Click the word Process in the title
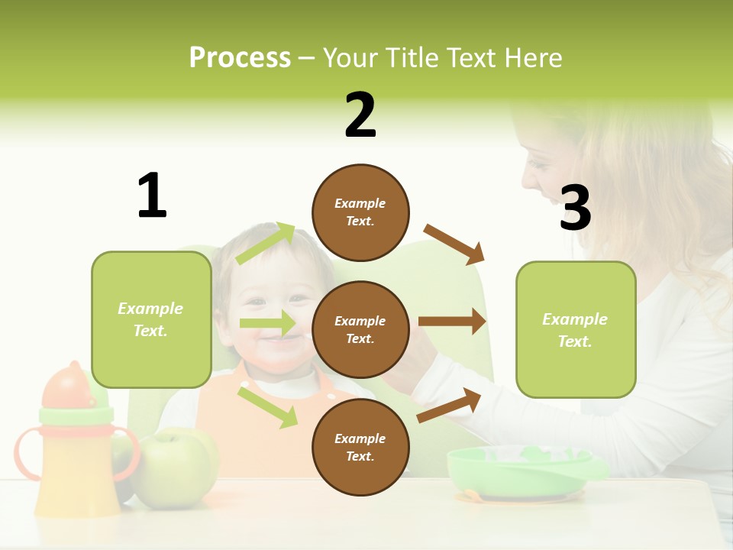[x=240, y=58]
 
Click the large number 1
[x=152, y=196]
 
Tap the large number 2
[x=360, y=115]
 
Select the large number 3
[x=575, y=208]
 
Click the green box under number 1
[x=151, y=319]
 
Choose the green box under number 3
[x=576, y=329]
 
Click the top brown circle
[x=360, y=212]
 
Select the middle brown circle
[x=360, y=329]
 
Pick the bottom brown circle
[x=360, y=447]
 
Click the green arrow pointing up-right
[x=266, y=244]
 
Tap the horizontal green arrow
[x=267, y=323]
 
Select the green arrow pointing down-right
[x=267, y=407]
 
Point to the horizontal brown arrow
[x=452, y=322]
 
